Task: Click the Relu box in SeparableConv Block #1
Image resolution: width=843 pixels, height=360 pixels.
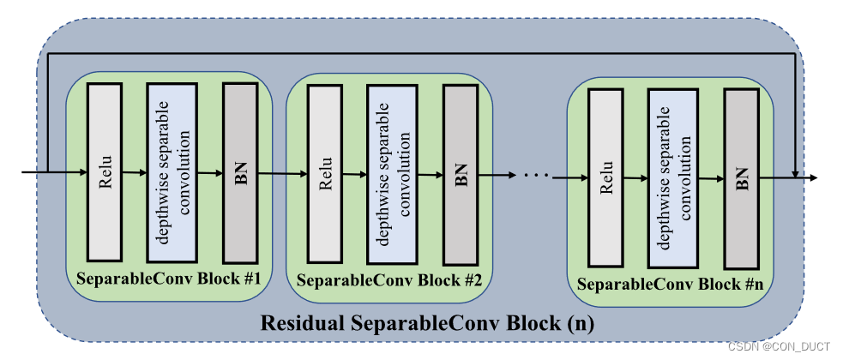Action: point(105,172)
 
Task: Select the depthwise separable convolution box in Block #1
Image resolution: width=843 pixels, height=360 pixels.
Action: point(172,172)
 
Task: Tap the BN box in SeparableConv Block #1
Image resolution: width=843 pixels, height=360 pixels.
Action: point(240,172)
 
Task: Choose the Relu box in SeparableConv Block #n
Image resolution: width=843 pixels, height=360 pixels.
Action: point(605,178)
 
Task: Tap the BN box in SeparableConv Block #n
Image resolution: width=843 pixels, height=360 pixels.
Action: point(741,178)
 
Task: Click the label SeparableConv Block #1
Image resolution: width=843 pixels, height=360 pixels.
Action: point(169,279)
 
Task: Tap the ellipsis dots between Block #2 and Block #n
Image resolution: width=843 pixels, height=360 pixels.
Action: point(534,176)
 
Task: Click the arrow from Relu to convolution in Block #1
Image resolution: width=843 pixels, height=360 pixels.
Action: point(134,172)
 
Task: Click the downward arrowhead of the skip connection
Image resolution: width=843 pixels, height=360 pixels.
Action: point(797,173)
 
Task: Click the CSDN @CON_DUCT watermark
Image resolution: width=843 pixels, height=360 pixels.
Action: point(778,346)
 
